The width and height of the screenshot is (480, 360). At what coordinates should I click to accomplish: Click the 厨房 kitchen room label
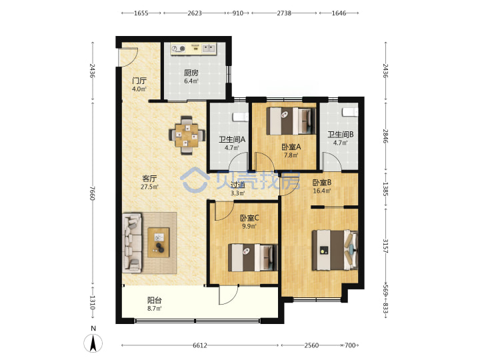[x=191, y=73]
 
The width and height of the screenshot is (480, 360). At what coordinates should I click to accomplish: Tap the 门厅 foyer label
[x=139, y=81]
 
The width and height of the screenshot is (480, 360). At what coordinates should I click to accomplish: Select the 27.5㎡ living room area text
[x=149, y=187]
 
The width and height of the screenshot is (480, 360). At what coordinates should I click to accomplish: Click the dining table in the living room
[x=187, y=135]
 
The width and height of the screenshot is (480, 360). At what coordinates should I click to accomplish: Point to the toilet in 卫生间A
[x=241, y=117]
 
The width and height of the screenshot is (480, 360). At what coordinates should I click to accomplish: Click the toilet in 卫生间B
[x=350, y=112]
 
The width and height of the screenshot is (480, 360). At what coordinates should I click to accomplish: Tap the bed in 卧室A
[x=291, y=121]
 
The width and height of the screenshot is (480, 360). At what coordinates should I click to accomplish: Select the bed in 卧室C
[x=253, y=257]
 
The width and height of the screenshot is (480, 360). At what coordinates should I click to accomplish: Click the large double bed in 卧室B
[x=335, y=250]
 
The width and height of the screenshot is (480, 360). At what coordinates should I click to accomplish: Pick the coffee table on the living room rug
[x=159, y=243]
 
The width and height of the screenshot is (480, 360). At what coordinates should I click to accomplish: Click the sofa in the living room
[x=132, y=243]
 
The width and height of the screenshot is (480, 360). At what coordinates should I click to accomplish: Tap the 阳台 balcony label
[x=155, y=300]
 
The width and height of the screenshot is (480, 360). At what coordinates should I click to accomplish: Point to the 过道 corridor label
[x=237, y=185]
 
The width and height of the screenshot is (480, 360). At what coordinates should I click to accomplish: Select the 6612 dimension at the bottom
[x=200, y=345]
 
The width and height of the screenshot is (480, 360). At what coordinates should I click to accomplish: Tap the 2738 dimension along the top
[x=284, y=13]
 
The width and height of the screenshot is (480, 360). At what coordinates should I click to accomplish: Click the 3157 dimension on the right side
[x=385, y=246]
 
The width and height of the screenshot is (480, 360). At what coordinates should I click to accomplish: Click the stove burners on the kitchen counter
[x=179, y=49]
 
